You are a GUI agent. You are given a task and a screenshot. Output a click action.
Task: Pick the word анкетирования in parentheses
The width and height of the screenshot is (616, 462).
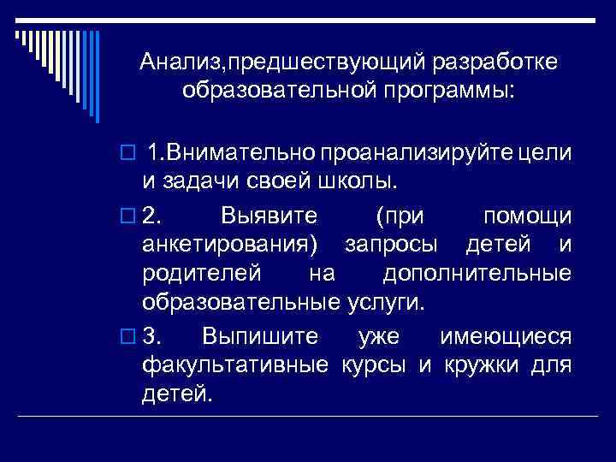(228, 244)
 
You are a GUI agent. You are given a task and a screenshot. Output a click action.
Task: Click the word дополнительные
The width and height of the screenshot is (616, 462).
(477, 274)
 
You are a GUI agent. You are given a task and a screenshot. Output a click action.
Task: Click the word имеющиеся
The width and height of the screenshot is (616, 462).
(505, 335)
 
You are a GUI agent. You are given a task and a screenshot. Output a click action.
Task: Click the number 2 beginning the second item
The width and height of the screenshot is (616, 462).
(151, 213)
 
